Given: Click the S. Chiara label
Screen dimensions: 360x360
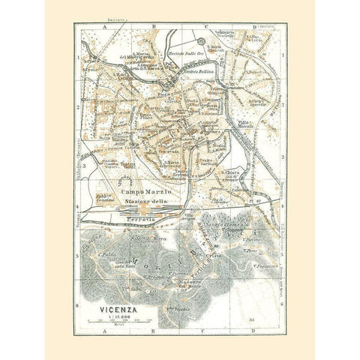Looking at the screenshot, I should pyautogui.click(x=231, y=171).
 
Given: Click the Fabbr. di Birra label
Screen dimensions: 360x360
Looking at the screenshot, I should pyautogui.click(x=148, y=238).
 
